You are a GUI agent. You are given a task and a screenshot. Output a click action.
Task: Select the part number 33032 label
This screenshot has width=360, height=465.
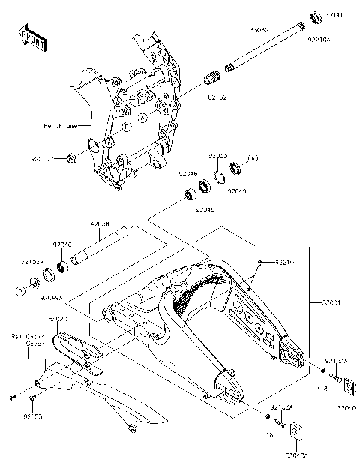tap(260, 30)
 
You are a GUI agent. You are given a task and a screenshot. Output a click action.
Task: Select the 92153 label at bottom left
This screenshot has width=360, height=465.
tap(31, 414)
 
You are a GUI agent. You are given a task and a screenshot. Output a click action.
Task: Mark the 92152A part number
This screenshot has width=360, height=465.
tap(30, 262)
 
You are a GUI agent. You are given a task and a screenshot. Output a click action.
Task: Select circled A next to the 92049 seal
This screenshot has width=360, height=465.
tap(253, 159)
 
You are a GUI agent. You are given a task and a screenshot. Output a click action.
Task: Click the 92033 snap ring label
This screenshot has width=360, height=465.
tap(218, 155)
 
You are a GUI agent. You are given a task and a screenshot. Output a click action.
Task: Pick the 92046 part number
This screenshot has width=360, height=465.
tap(187, 173)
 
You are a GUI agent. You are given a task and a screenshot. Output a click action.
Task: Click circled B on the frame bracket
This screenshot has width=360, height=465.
tap(127, 127)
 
